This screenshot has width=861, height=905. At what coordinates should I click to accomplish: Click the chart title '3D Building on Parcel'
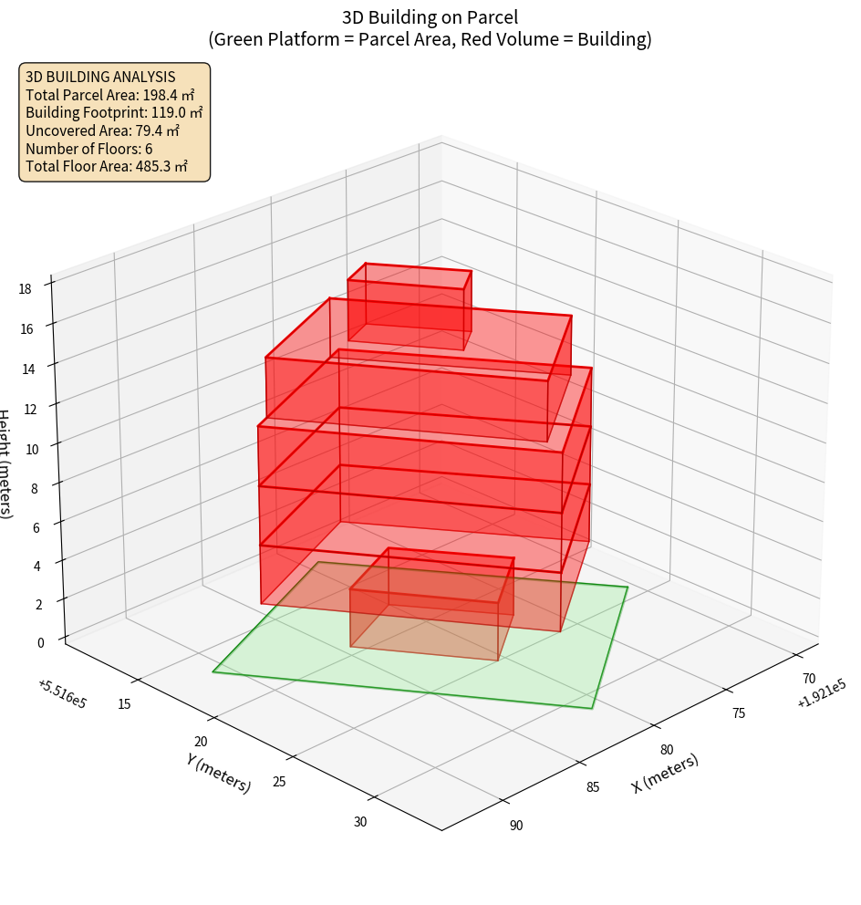pos(430,17)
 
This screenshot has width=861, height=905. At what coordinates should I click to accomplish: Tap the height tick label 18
pos(25,289)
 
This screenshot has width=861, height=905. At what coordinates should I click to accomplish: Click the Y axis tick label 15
pos(124,703)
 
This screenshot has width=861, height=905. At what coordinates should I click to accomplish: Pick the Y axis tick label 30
pos(359,822)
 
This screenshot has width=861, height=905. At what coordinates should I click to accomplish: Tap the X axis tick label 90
pos(516,826)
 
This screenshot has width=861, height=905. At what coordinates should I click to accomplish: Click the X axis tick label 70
pos(808,679)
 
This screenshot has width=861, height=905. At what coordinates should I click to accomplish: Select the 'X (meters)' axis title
pos(665,773)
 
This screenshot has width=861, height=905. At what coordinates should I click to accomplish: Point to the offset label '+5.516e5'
pos(62,694)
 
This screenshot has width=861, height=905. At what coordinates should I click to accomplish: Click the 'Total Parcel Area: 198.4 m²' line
pos(110,95)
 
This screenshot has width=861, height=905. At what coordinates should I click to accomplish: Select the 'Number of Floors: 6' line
pos(89,149)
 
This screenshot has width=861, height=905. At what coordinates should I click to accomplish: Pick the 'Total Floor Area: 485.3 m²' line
pos(107,167)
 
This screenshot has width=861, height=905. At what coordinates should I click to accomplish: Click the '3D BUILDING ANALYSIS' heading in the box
pos(100,77)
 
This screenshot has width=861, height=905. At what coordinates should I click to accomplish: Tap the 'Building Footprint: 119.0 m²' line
pos(114,113)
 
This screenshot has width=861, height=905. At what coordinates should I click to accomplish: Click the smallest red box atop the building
pos(410,306)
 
